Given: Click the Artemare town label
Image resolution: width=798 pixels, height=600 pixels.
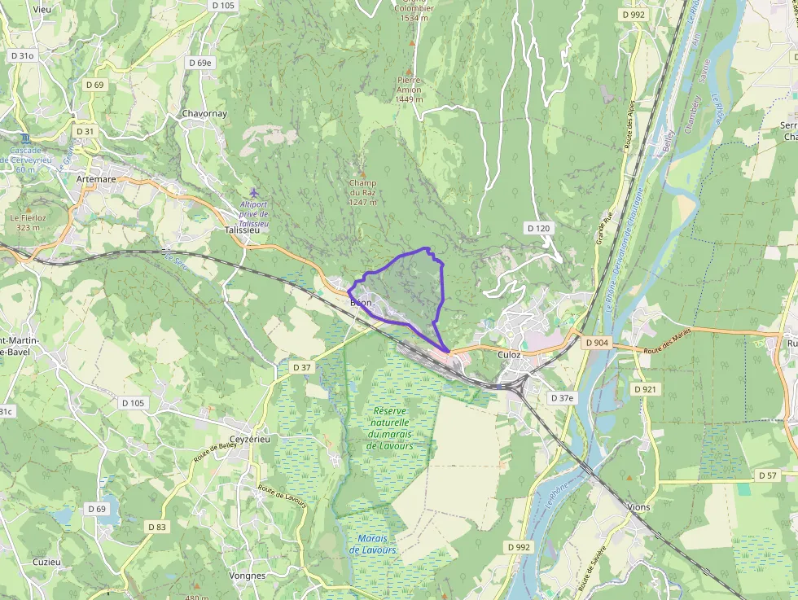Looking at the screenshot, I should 95,178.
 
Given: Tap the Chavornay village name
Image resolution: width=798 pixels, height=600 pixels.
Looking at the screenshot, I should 204,113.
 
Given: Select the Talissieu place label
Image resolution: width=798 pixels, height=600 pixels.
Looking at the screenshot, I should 241,230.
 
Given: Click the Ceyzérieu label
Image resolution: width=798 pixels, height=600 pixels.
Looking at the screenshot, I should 248,440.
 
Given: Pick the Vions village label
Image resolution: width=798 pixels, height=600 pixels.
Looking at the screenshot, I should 639,506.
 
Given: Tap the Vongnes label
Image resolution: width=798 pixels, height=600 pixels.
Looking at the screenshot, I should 248,576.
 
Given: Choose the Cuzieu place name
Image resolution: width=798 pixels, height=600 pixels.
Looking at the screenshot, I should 46,562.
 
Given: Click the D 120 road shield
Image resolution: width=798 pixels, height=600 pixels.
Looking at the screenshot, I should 539,228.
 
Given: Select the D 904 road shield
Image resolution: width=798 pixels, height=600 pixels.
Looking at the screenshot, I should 597,343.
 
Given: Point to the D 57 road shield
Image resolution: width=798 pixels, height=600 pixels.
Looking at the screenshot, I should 768,475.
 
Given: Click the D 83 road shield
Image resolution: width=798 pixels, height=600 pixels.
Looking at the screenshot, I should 157,527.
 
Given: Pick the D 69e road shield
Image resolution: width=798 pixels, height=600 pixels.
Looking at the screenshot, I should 199,62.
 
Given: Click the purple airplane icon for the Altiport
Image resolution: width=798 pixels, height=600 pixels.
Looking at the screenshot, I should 253,192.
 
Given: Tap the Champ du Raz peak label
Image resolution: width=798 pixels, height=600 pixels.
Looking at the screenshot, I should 362,192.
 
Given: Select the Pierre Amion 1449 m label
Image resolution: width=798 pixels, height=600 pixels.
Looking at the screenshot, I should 409,89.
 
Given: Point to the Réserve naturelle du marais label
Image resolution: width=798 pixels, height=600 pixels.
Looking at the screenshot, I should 390,428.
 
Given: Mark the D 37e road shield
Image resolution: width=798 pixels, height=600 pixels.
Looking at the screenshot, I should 562,398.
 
